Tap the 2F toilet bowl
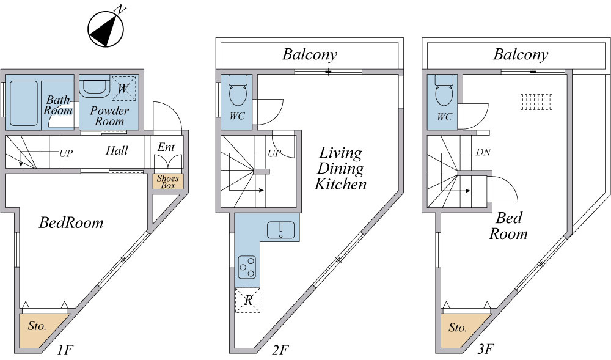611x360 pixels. [x=238, y=90]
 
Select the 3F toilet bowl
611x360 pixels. [x=444, y=90]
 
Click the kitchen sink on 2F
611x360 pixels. [x=281, y=230]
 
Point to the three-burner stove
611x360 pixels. [x=247, y=267]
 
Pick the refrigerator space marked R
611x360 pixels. [x=247, y=300]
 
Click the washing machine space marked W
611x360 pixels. [x=123, y=88]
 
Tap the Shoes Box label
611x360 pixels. [x=168, y=182]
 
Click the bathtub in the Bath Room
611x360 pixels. [x=24, y=103]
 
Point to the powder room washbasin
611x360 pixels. [x=94, y=87]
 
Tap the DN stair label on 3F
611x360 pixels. [x=483, y=152]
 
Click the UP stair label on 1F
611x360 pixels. [x=66, y=153]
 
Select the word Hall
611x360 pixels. [x=117, y=150]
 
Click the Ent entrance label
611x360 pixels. [x=166, y=147]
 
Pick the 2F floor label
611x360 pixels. [x=280, y=350]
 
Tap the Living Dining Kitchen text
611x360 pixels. [x=340, y=168]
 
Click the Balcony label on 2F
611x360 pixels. [x=310, y=54]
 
